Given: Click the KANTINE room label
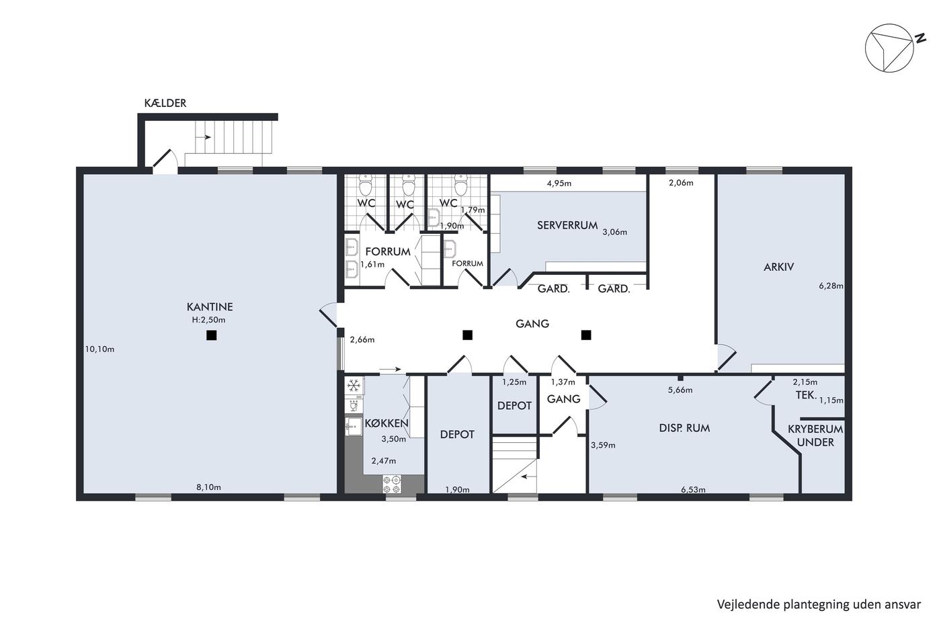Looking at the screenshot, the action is (210, 306).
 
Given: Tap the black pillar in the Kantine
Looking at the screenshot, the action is (211, 335).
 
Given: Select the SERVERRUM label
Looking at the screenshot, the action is (567, 225).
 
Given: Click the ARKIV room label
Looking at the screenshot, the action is (778, 267).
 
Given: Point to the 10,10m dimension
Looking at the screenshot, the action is (99, 349).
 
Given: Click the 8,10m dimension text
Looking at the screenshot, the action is (208, 487).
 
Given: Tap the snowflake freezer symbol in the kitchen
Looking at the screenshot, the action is (354, 385).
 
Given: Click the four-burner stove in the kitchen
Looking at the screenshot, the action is (391, 484).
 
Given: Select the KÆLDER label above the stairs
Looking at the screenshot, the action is (165, 103).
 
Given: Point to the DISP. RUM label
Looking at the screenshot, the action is (684, 428).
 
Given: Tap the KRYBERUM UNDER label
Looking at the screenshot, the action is (815, 435).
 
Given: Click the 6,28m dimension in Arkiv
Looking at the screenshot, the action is (831, 286).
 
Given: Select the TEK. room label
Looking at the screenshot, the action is (806, 394).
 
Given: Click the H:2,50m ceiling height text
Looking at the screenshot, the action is (208, 320).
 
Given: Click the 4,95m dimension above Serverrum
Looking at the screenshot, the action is (559, 183).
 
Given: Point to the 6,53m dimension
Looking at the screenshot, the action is (693, 489).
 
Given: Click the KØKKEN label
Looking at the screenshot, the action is (386, 423).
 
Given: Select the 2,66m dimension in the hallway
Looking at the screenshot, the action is (362, 340).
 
